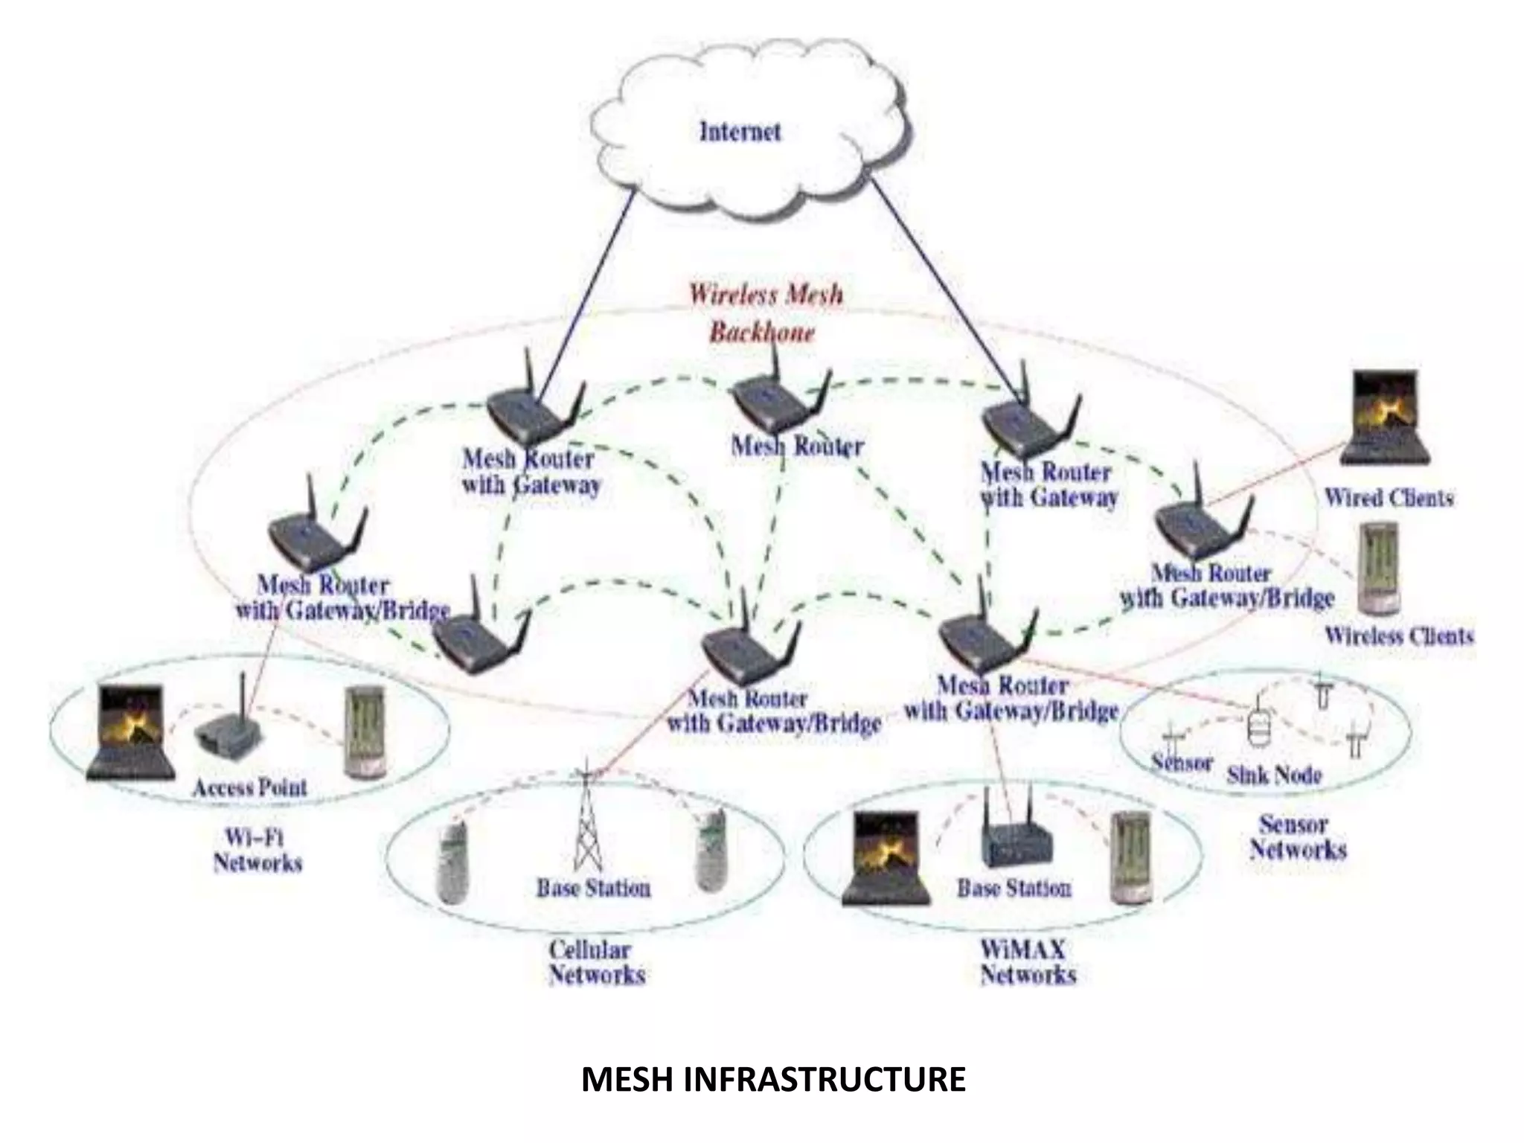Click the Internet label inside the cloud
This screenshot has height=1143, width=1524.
(x=740, y=132)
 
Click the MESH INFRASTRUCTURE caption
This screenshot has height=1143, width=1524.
(x=773, y=1080)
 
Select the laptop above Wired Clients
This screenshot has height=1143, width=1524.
(x=1385, y=418)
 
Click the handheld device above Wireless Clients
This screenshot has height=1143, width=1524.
(x=1378, y=569)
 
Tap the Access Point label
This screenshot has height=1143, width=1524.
(x=249, y=787)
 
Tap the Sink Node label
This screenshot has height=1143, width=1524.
(x=1274, y=775)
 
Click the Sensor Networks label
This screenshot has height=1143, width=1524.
(x=1298, y=837)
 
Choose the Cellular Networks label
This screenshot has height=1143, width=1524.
(x=596, y=962)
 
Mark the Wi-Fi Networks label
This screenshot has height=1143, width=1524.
(x=257, y=851)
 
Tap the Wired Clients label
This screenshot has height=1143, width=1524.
(x=1389, y=498)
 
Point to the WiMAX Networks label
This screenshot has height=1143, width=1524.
(x=1028, y=962)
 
